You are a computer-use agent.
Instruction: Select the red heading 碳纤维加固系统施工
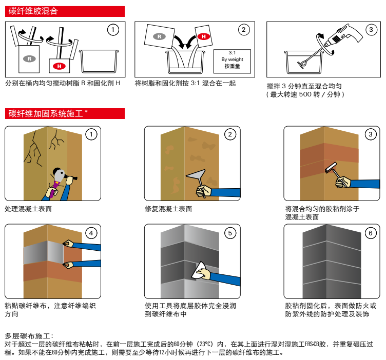(x=48, y=113)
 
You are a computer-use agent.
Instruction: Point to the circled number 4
(x=91, y=233)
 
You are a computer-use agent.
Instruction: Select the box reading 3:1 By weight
(x=232, y=59)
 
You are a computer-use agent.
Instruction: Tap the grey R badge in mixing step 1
(x=30, y=59)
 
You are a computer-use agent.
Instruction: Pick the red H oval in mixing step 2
(x=203, y=36)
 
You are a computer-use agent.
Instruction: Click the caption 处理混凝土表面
(x=28, y=209)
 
